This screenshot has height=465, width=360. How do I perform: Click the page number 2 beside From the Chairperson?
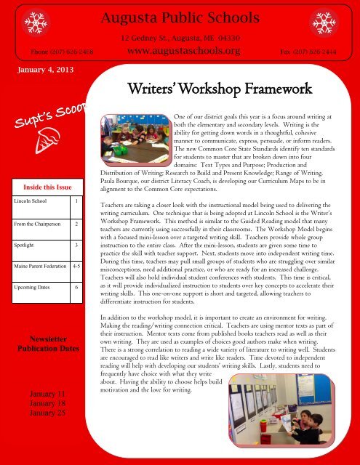tap(76, 225)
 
